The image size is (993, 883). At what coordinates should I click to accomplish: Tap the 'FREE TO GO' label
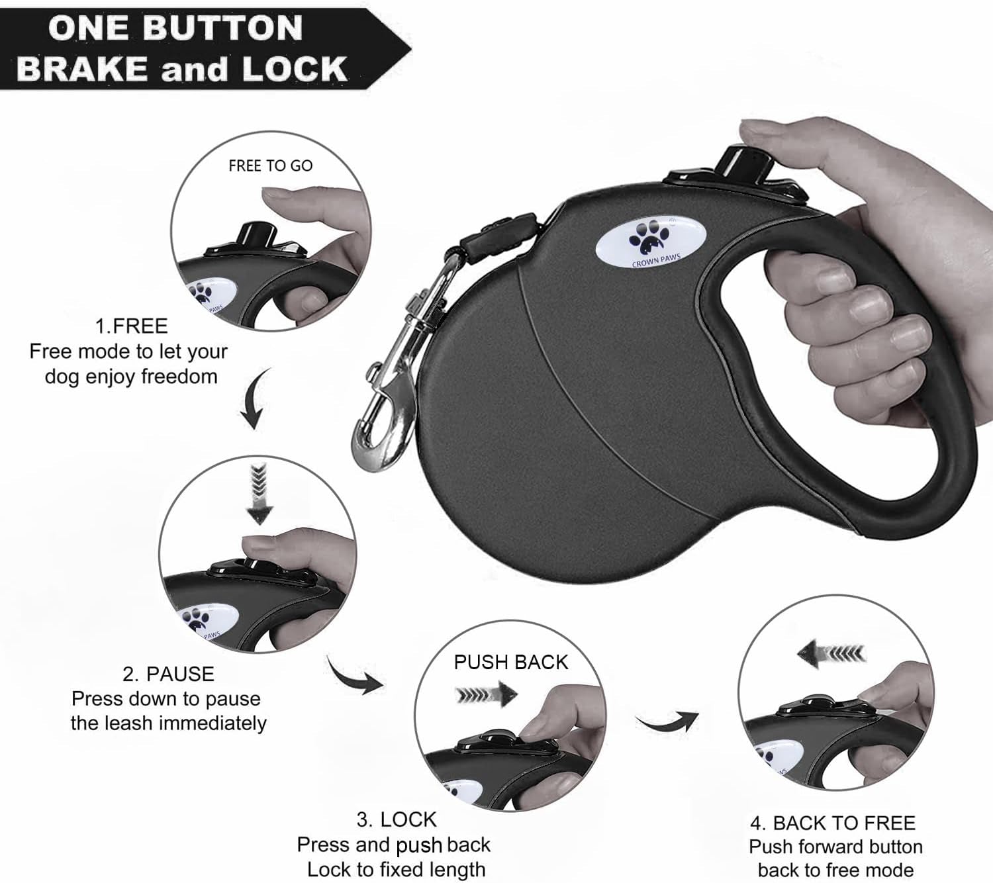[x=271, y=165]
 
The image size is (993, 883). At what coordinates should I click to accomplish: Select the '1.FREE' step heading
[x=131, y=326]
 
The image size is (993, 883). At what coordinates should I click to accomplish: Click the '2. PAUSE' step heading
[x=168, y=674]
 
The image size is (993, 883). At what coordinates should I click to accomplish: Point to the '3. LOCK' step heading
[x=397, y=820]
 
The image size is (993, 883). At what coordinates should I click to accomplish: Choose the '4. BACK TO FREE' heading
[x=833, y=823]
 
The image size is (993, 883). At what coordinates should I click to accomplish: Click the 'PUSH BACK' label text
[x=510, y=663]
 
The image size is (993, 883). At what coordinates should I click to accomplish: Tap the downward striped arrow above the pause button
[x=259, y=495]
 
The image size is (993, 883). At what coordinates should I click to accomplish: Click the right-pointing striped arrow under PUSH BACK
[x=486, y=694]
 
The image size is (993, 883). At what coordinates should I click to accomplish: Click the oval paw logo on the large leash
[x=650, y=243]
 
